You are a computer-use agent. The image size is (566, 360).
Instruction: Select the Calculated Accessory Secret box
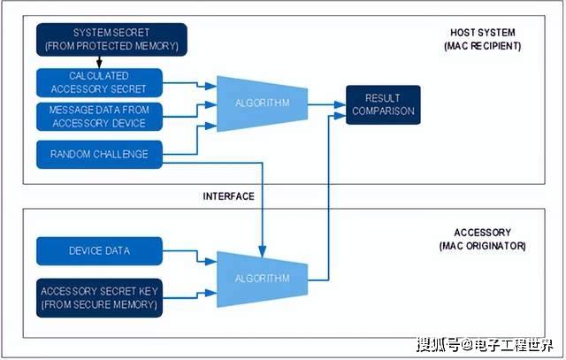100,82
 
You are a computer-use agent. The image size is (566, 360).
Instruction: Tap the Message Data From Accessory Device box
100,116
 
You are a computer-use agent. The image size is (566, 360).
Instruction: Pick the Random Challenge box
100,154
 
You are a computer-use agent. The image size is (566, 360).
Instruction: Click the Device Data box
100,250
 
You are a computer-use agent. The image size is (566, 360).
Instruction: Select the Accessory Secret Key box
100,299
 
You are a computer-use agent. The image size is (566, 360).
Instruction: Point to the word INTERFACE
229,195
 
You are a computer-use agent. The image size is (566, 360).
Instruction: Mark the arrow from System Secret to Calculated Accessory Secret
99,63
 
